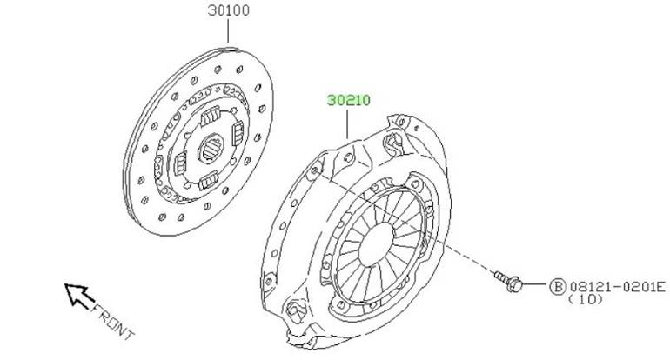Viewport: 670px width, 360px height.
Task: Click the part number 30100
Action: [x=229, y=10]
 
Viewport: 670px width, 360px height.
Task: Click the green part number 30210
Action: [x=349, y=100]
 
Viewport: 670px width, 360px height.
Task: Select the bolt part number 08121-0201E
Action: [x=617, y=287]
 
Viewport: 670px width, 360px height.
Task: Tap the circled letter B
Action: [x=557, y=287]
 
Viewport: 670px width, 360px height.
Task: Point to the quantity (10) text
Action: [x=586, y=299]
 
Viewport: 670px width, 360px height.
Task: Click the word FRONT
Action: [x=113, y=320]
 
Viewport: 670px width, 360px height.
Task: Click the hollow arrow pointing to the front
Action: [x=78, y=295]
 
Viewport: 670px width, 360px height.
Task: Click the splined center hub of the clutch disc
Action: [x=211, y=148]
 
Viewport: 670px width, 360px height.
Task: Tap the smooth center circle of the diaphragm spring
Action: [x=376, y=244]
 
